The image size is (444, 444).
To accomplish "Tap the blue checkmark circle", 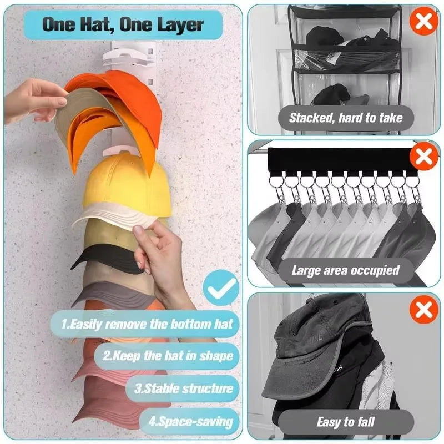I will click(x=220, y=287).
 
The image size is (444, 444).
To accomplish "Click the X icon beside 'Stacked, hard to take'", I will click(x=423, y=22).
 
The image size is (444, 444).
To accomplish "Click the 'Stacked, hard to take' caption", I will click(x=345, y=117).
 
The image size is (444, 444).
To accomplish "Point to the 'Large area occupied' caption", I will click(x=345, y=270).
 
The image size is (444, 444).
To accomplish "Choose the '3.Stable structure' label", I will click(x=183, y=388).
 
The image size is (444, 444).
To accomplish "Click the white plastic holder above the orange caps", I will click(x=134, y=56).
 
